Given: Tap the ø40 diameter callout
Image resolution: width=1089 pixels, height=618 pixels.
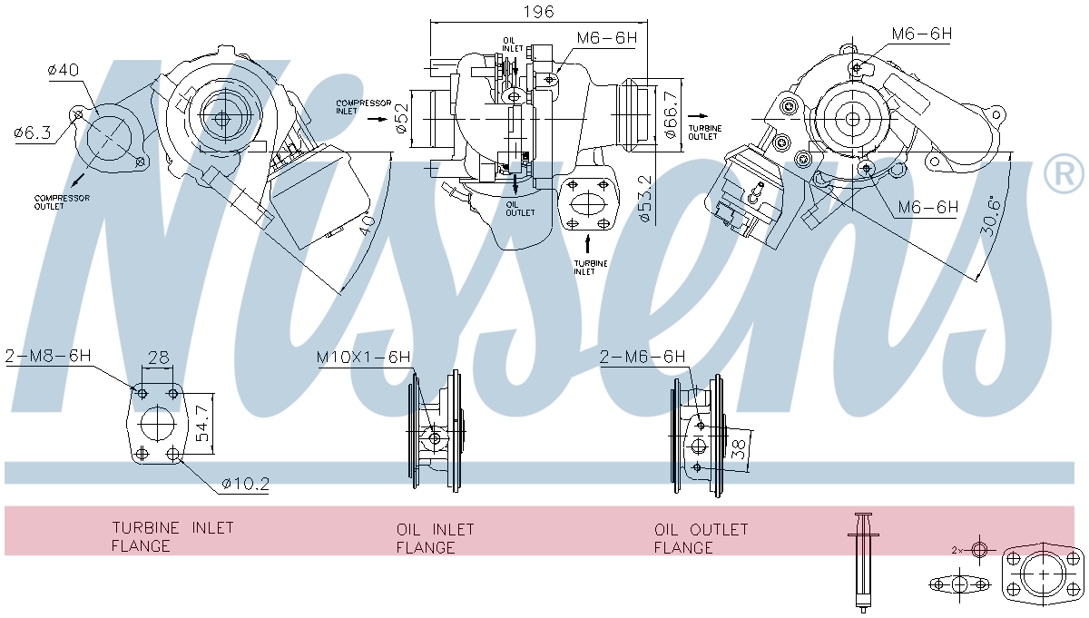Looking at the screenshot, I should [x=64, y=69].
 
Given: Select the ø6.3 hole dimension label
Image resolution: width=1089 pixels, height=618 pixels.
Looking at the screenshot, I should [x=33, y=132].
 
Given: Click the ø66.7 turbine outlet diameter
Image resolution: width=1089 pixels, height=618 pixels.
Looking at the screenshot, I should [x=672, y=113].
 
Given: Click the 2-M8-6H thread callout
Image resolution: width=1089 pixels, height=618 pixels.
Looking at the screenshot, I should [x=48, y=356].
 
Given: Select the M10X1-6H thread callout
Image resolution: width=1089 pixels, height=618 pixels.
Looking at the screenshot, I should [x=363, y=358].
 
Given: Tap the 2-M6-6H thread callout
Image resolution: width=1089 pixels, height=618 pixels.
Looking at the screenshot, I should [x=643, y=358].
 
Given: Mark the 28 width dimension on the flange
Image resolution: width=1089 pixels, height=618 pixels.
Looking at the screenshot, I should [x=159, y=358].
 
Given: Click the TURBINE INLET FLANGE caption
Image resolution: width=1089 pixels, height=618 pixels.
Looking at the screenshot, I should [x=172, y=536].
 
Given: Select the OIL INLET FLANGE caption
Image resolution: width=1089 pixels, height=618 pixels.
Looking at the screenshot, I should [x=436, y=538].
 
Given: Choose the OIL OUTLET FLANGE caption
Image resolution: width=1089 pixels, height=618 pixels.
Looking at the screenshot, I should [x=701, y=538].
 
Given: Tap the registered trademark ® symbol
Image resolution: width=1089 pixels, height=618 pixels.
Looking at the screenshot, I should [x=1064, y=174].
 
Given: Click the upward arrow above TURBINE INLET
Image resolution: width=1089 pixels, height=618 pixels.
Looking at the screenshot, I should [x=587, y=243].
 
